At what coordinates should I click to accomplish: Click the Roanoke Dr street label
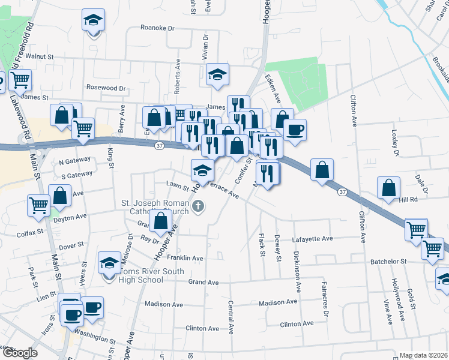point(157,28)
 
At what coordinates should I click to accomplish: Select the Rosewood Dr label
point(106,88)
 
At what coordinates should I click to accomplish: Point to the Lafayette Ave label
point(312,238)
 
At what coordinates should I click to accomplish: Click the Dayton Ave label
point(70,217)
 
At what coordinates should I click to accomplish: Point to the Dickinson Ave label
point(296,269)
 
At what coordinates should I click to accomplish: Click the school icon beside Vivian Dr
point(217,74)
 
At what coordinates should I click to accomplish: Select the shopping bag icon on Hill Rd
point(389,188)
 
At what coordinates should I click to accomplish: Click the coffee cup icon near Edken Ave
point(294,129)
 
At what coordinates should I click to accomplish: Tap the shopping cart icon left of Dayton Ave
point(39,205)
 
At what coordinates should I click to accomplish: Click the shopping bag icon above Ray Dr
point(161,221)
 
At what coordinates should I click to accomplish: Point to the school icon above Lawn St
point(202,171)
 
